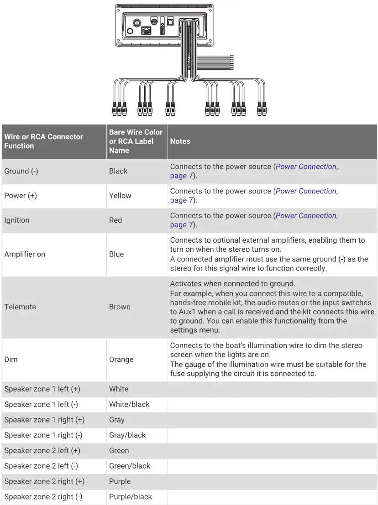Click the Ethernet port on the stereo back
[147, 31]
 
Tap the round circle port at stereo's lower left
[130, 31]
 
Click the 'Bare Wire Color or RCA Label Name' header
[136, 141]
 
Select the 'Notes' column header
[180, 141]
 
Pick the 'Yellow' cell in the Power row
[120, 196]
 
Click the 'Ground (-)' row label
[21, 171]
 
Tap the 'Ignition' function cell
[17, 220]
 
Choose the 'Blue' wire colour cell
[116, 254]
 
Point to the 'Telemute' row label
[20, 307]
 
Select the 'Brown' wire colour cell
[120, 307]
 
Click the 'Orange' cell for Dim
[121, 359]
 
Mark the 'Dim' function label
[11, 359]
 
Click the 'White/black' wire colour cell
[129, 405]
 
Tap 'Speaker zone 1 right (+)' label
[44, 420]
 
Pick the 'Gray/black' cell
[127, 435]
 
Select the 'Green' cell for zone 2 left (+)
[119, 451]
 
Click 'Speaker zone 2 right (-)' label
[43, 497]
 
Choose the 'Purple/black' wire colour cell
[131, 497]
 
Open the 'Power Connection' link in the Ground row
[306, 167]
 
